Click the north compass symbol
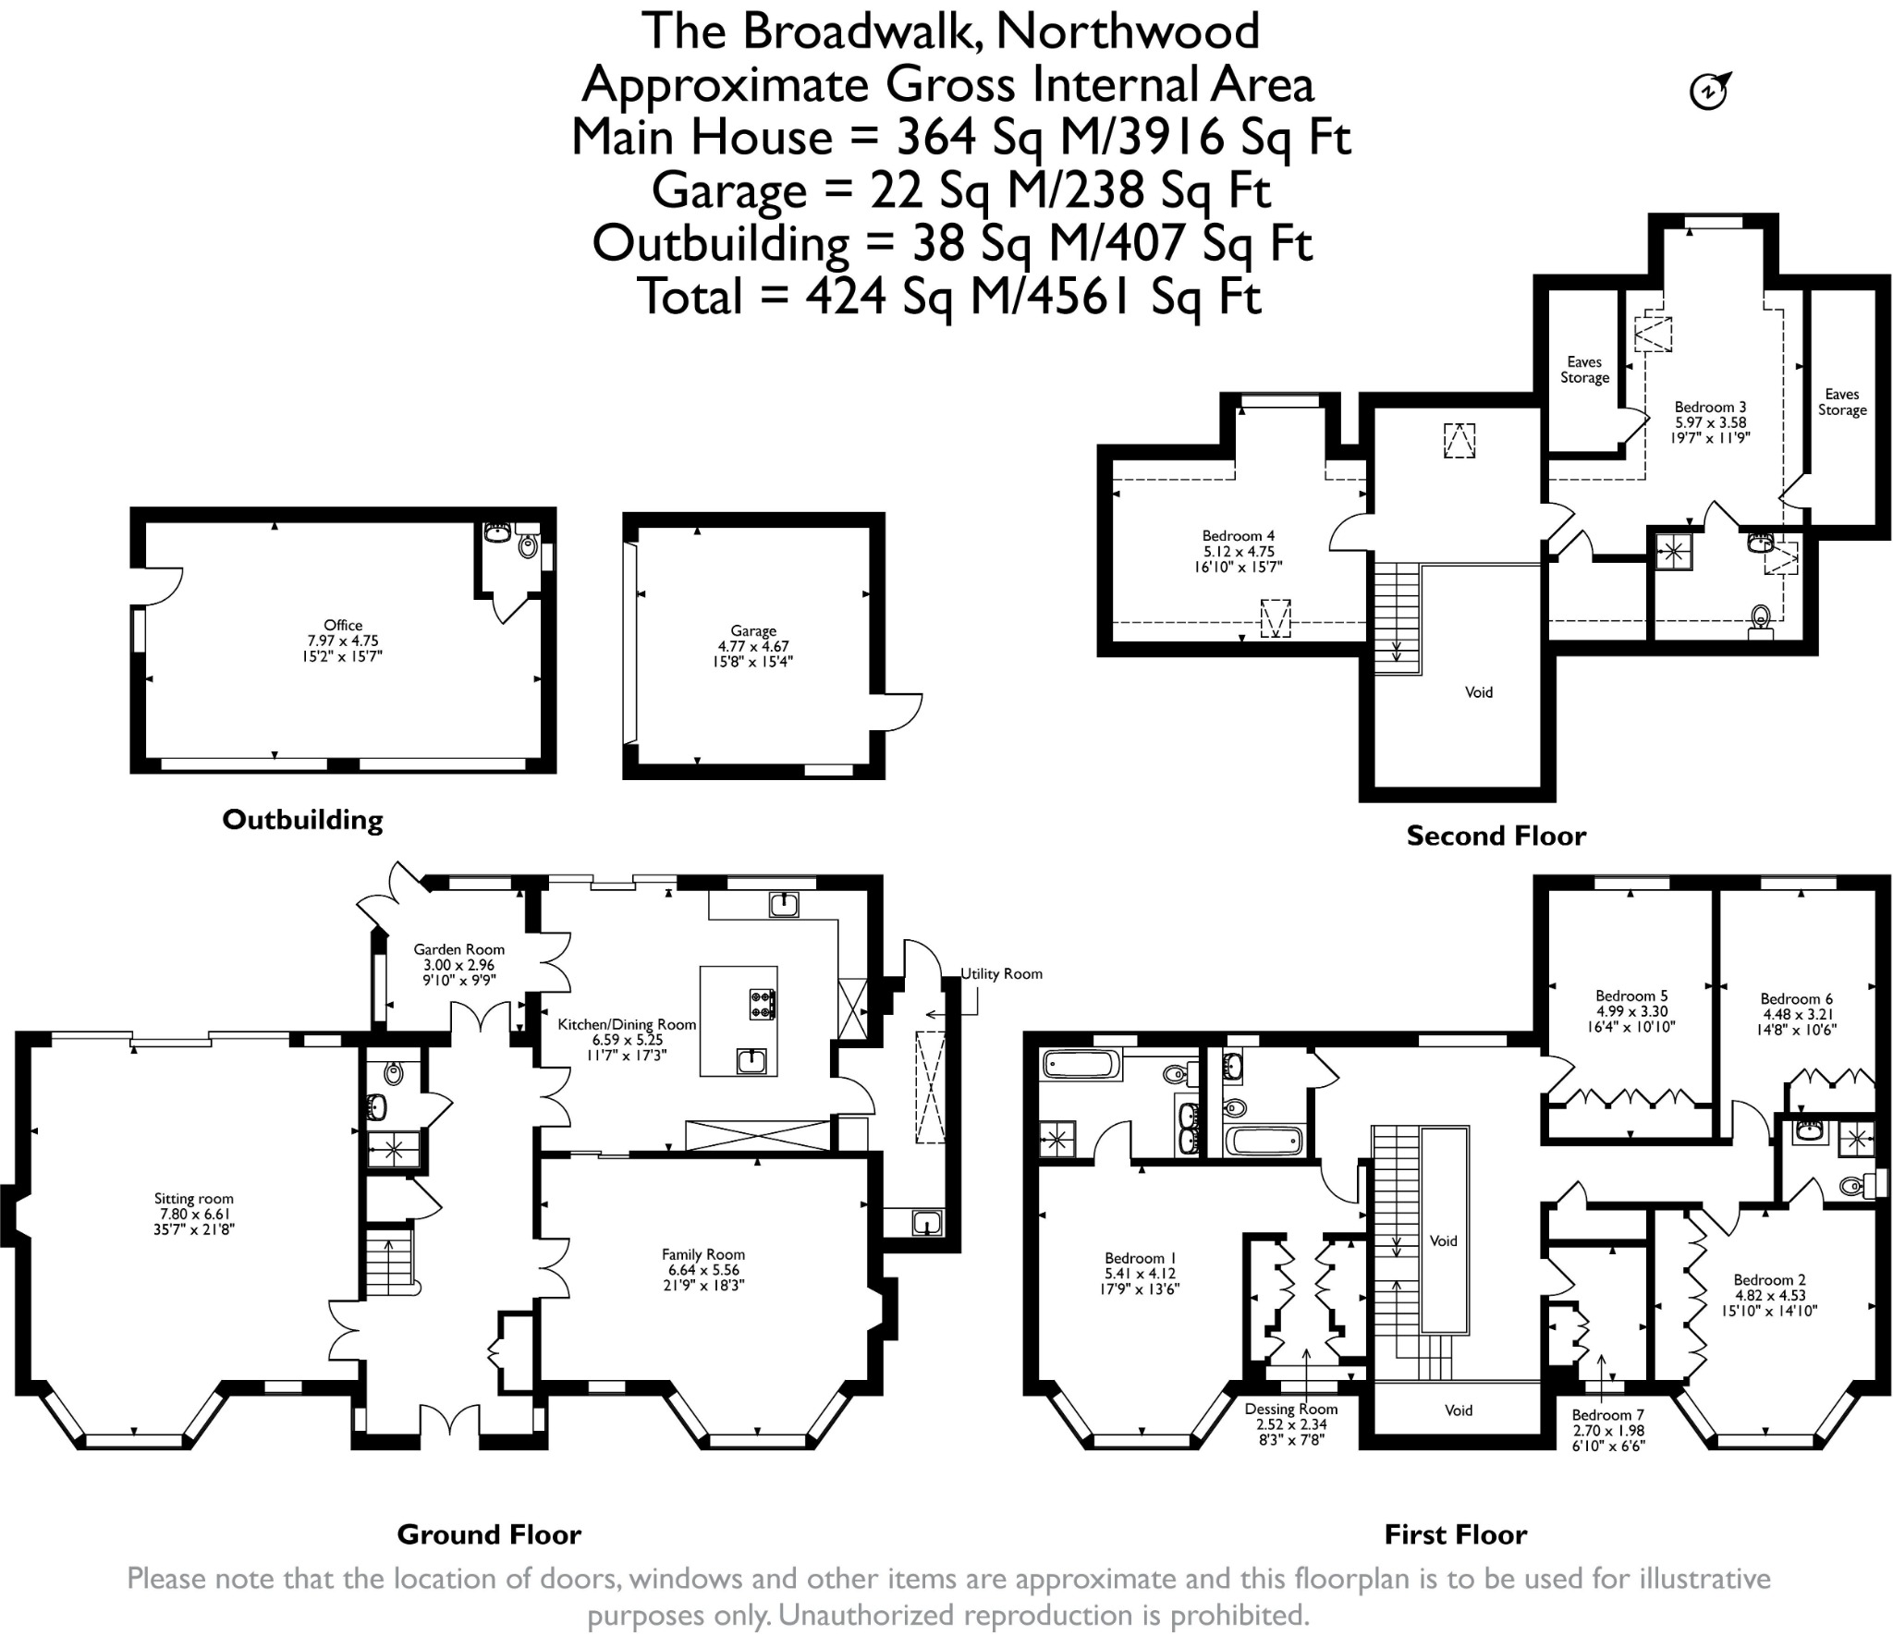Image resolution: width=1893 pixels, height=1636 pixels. pos(1710,91)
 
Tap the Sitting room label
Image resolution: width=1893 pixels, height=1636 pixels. pos(194,1199)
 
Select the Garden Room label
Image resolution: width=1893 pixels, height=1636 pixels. pos(459,949)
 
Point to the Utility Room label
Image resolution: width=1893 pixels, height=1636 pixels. pos(1002,973)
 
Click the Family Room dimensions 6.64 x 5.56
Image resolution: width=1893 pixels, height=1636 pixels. pos(703,1270)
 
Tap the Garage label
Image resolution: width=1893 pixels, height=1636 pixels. pos(753,631)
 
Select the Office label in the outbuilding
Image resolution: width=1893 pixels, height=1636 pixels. pos(343,625)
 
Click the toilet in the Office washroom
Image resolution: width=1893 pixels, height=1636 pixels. pos(528,545)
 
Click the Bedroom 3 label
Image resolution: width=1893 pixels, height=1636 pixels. pos(1711,407)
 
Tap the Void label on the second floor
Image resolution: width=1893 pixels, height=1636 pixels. pos(1479,692)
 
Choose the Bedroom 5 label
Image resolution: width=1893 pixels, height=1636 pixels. pos(1631,995)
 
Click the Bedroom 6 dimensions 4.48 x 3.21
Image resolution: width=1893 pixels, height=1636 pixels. pos(1797,1014)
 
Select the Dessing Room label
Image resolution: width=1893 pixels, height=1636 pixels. pos(1291,1409)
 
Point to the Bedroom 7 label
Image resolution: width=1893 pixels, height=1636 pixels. pos(1608,1415)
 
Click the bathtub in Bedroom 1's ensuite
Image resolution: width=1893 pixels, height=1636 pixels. pos(1081,1066)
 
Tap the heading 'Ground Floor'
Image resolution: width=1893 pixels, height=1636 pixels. pos(489,1534)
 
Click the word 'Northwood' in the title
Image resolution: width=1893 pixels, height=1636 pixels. pos(1128,31)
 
